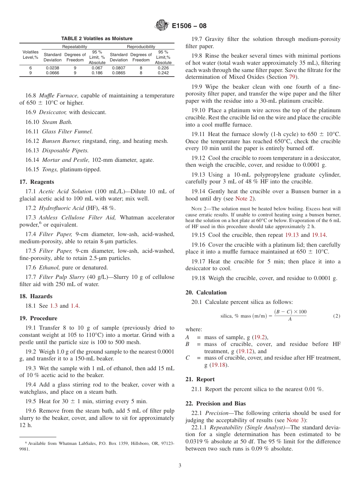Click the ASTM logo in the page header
click(x=162, y=26)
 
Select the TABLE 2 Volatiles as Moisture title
click(x=97, y=39)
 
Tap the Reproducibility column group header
click(x=141, y=47)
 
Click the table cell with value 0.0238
click(x=52, y=68)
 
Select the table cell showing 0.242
click(x=163, y=73)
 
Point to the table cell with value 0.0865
click(x=119, y=73)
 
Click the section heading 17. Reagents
click(x=37, y=182)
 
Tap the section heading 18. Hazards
click(x=36, y=296)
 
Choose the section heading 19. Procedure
click(x=38, y=318)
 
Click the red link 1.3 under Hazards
click(x=54, y=306)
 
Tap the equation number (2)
click(x=336, y=316)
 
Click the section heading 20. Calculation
click(x=206, y=293)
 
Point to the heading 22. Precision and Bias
click(x=216, y=404)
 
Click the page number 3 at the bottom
click(x=180, y=465)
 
